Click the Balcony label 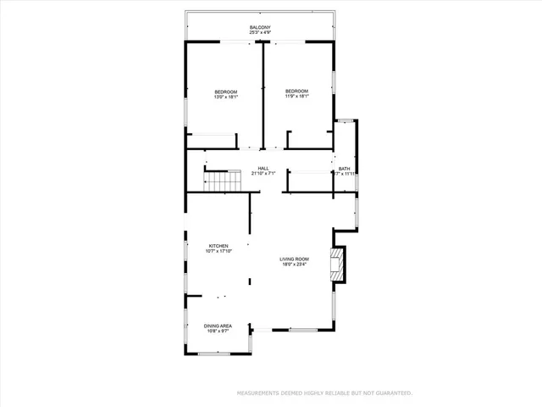(x=260, y=28)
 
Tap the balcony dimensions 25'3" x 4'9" (x=260, y=33)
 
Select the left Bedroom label (x=225, y=92)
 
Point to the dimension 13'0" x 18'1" (x=225, y=97)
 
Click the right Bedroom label (x=296, y=91)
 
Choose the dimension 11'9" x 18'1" (x=296, y=96)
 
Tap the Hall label (x=263, y=169)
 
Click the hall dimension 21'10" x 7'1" (x=263, y=174)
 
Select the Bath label (x=344, y=169)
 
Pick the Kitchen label (x=218, y=246)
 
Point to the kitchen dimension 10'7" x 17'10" (x=218, y=251)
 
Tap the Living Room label (x=295, y=259)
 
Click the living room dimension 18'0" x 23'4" (x=295, y=264)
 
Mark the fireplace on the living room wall (x=339, y=264)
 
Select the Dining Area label (x=218, y=326)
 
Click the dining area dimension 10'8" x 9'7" (x=218, y=331)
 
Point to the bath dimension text (x=346, y=174)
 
